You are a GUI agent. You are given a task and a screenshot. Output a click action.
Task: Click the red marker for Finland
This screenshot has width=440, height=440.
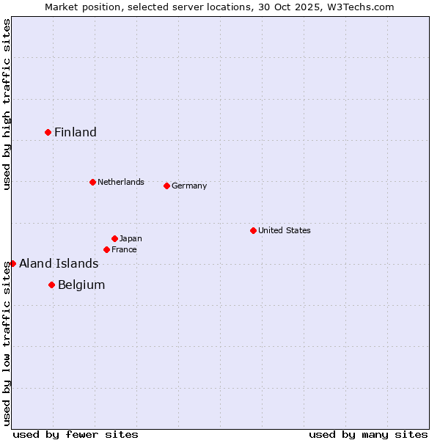pos(48,132)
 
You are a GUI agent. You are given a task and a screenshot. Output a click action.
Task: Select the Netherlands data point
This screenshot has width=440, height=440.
pos(92,182)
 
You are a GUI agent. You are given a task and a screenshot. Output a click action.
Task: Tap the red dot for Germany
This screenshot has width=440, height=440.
pos(166,186)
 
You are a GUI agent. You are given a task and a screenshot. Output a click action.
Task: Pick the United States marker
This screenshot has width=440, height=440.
pos(253,230)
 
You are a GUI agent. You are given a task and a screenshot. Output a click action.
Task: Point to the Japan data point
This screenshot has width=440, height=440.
pos(114,238)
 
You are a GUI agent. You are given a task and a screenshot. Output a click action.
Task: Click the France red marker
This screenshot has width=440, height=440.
pos(106,249)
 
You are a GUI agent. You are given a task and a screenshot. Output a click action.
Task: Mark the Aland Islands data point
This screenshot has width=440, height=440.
pos(12,263)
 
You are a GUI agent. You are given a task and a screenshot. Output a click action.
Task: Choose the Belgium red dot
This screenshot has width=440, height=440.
pos(51,285)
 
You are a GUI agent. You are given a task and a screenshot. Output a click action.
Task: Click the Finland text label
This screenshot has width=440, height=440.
pos(76,132)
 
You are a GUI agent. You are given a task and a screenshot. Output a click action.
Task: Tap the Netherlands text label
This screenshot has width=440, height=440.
pos(121,182)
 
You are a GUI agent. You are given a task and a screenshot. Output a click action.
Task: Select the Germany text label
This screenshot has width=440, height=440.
pos(189,186)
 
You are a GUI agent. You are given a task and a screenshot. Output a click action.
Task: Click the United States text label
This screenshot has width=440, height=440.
pos(285,230)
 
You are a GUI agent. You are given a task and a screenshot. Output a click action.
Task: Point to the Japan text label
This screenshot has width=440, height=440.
pos(131,238)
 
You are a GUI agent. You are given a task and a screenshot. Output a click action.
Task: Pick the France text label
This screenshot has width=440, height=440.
pos(124,249)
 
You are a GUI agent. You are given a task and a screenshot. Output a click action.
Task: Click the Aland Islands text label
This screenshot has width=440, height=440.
pos(59,263)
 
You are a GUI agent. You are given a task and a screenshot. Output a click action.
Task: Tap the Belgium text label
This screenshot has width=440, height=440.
pos(81,285)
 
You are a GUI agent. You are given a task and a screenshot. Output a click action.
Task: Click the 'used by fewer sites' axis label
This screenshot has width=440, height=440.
pos(76,434)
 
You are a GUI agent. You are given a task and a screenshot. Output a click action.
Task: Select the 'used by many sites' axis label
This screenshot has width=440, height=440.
pos(368,434)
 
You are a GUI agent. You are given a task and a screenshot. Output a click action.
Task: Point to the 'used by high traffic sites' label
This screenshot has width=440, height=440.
pos(7,104)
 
